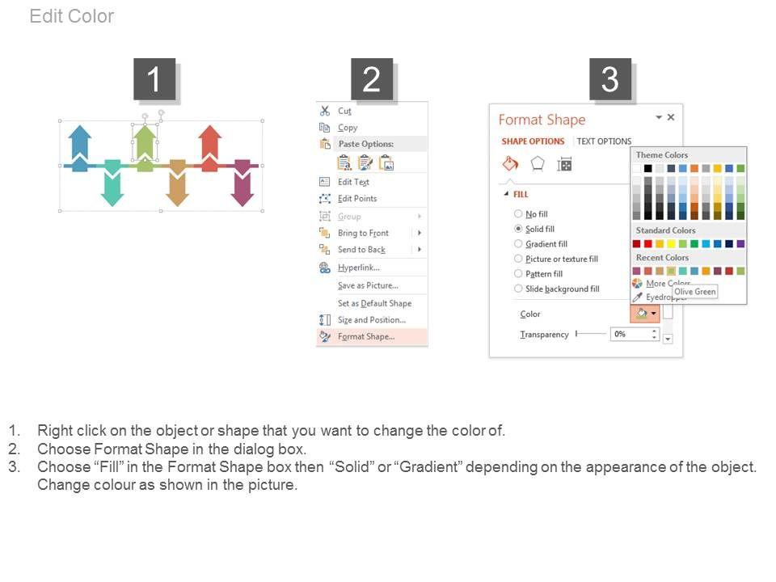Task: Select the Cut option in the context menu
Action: (344, 111)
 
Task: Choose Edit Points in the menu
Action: (356, 199)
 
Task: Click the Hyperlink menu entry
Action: (358, 268)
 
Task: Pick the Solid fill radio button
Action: (518, 229)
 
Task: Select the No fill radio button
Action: (518, 213)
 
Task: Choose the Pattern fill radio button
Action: (518, 274)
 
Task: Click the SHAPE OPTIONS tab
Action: (533, 141)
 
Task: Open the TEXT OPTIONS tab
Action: (604, 141)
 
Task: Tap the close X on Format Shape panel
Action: (671, 117)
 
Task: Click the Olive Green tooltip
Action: (695, 292)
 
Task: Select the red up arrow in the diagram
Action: (210, 148)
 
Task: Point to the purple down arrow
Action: (242, 183)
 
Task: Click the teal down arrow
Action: (112, 183)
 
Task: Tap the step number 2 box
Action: (372, 79)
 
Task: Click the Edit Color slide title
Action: (72, 16)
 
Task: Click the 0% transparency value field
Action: (630, 334)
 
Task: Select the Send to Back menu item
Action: (361, 250)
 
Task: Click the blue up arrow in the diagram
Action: (80, 148)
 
